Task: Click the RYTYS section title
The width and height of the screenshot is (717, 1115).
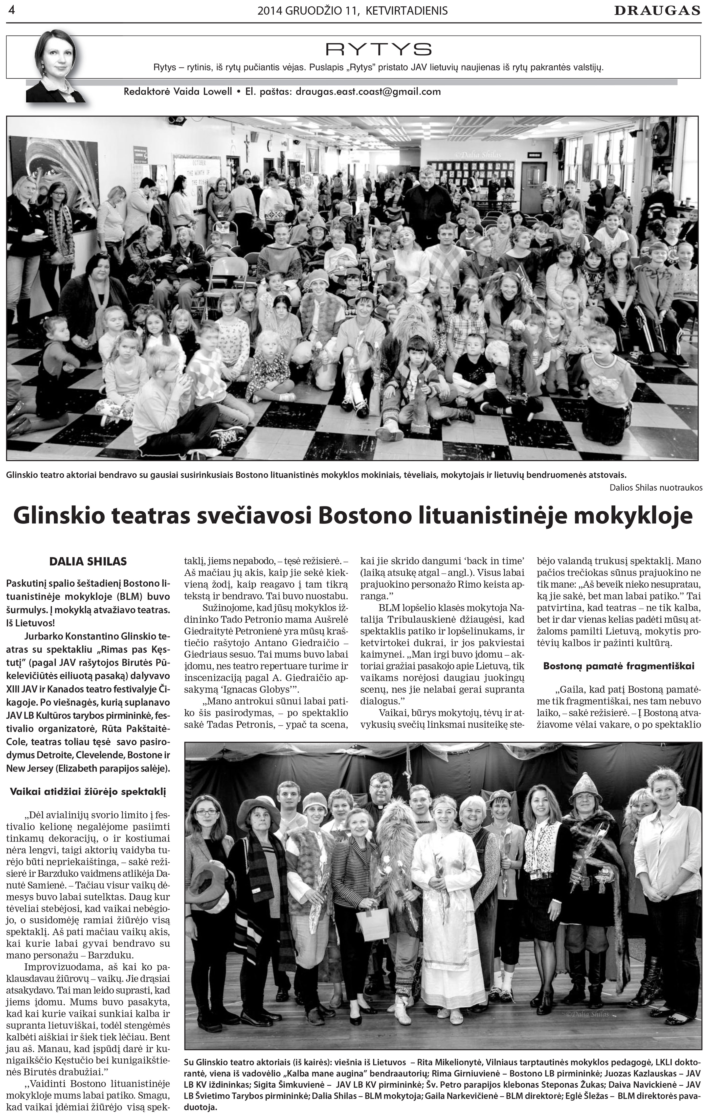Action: point(378,49)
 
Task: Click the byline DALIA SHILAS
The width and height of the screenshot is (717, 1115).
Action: point(88,562)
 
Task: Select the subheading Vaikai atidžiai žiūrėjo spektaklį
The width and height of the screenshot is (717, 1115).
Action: point(88,791)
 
